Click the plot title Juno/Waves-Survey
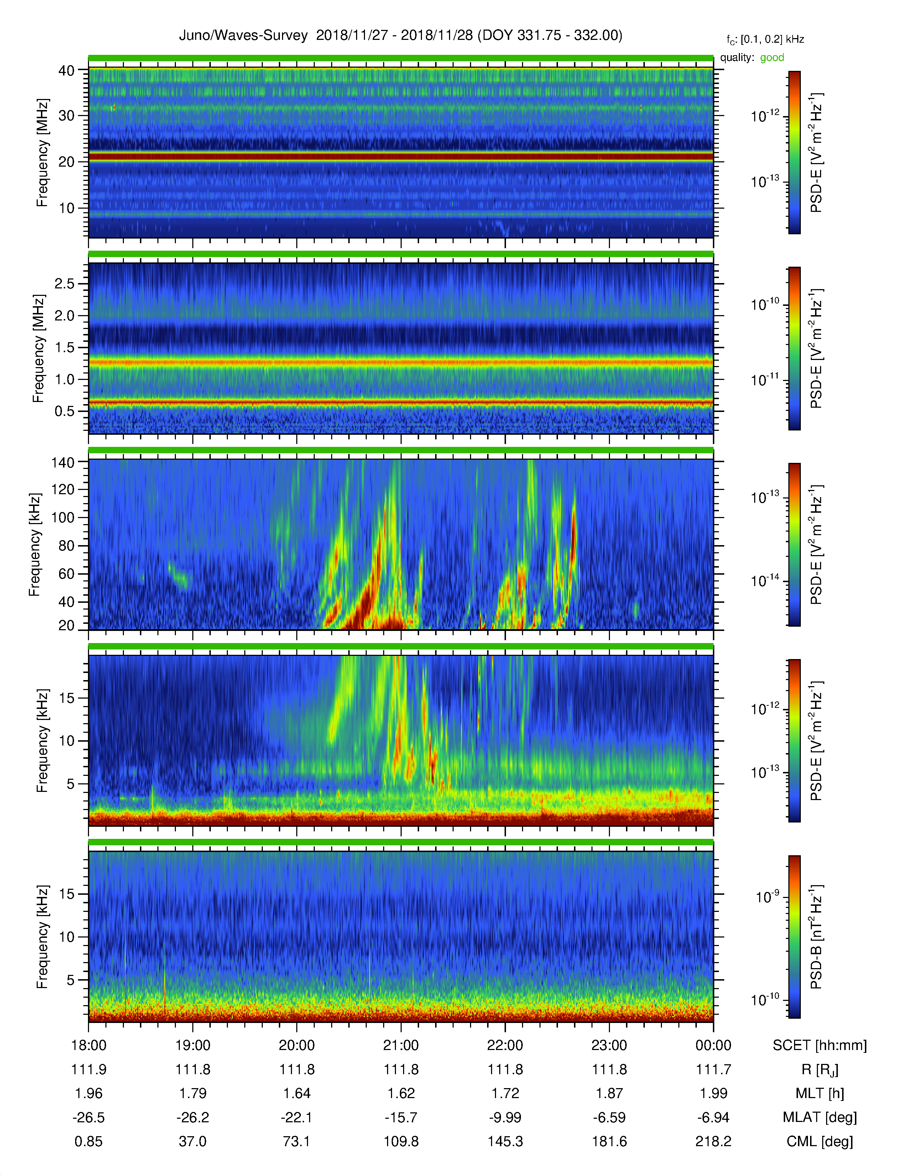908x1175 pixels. point(243,36)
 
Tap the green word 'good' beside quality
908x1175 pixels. point(772,58)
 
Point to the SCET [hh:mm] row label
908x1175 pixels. point(820,1045)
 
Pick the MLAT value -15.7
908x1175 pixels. point(401,1117)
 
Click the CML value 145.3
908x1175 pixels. point(505,1141)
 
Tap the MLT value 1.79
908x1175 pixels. point(193,1093)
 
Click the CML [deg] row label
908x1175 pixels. point(820,1142)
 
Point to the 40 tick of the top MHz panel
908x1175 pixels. point(66,70)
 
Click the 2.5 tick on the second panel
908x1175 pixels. point(64,283)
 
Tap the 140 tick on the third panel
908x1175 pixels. point(62,462)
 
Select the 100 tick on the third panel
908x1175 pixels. point(62,518)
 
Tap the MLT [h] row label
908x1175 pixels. point(820,1093)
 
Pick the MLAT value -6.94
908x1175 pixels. point(713,1117)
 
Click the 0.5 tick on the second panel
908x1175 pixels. point(64,411)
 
